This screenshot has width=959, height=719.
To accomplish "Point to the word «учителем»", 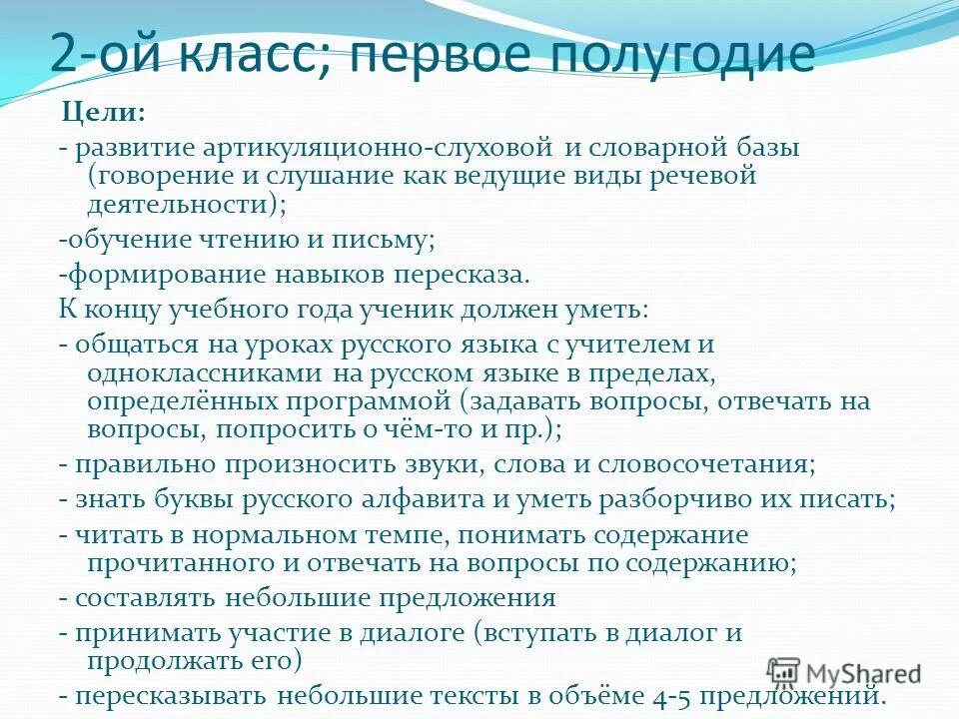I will coord(639,344).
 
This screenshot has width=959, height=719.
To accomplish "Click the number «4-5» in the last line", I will coord(668,695).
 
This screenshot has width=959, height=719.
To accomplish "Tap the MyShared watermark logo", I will coord(845,672).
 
